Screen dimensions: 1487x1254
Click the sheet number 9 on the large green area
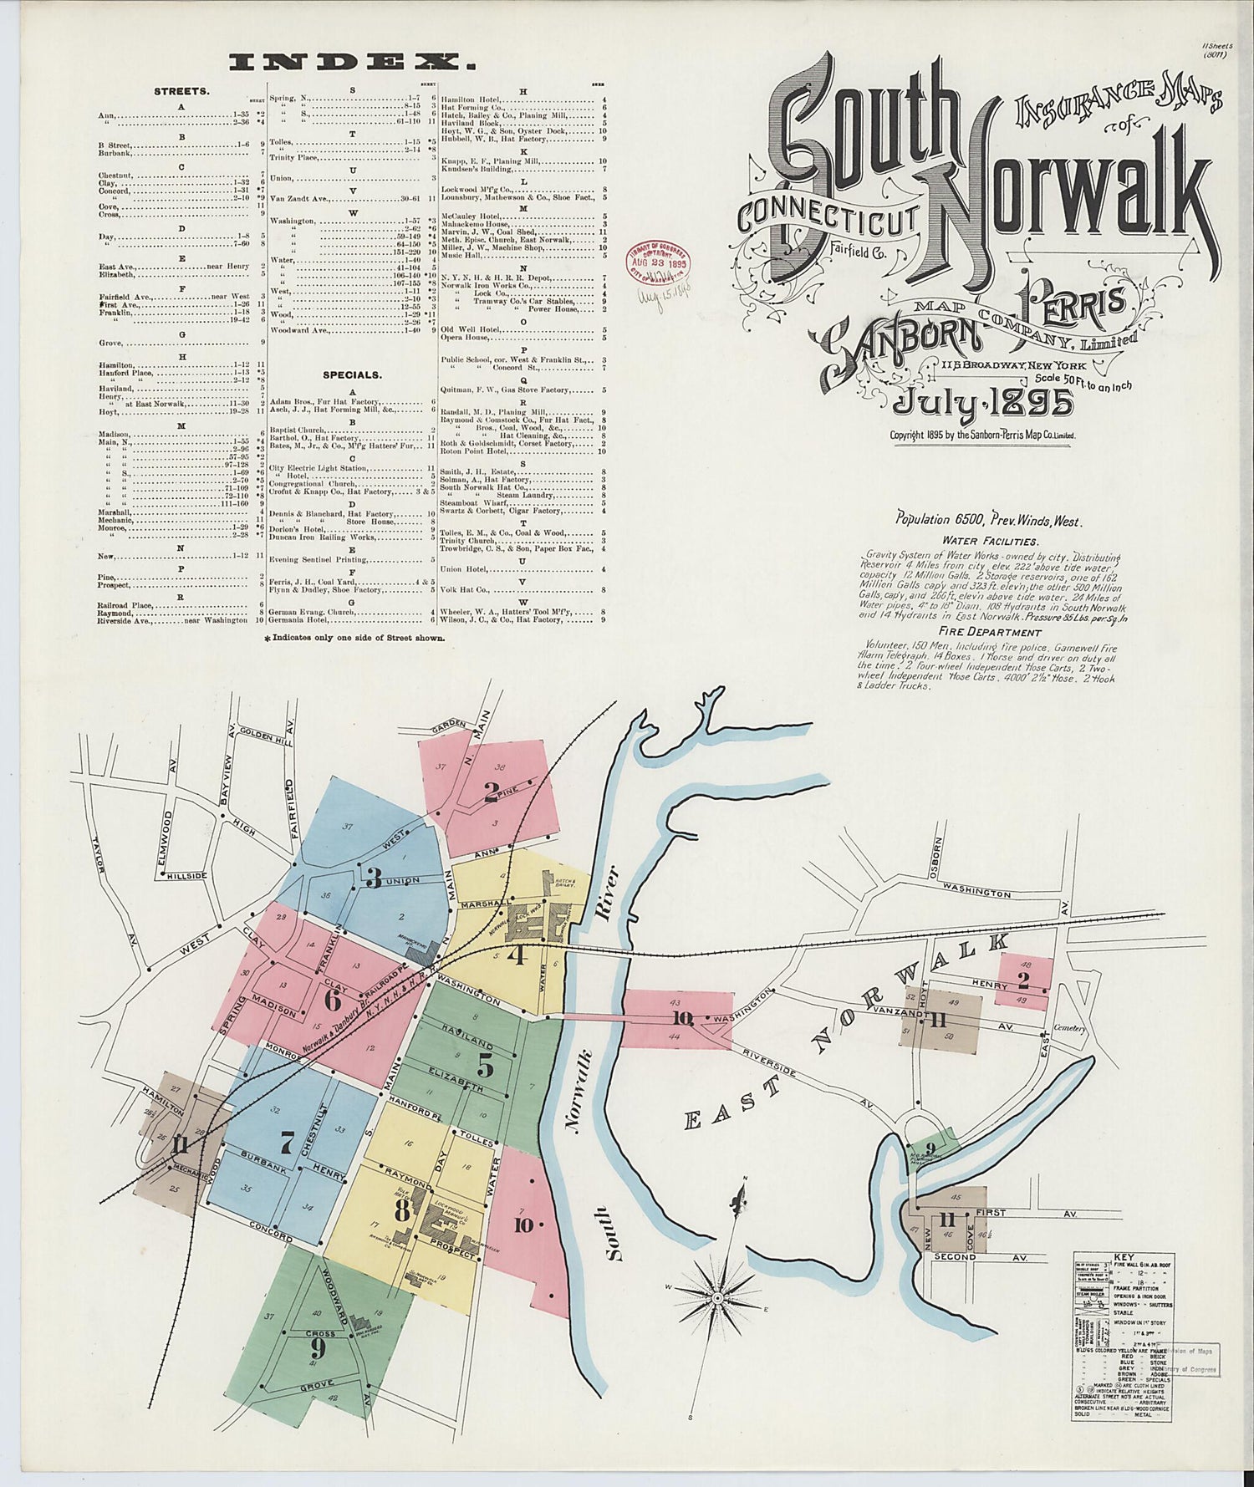point(318,1347)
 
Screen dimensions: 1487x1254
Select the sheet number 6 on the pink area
point(333,999)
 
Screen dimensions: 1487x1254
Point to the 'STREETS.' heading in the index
point(181,89)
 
